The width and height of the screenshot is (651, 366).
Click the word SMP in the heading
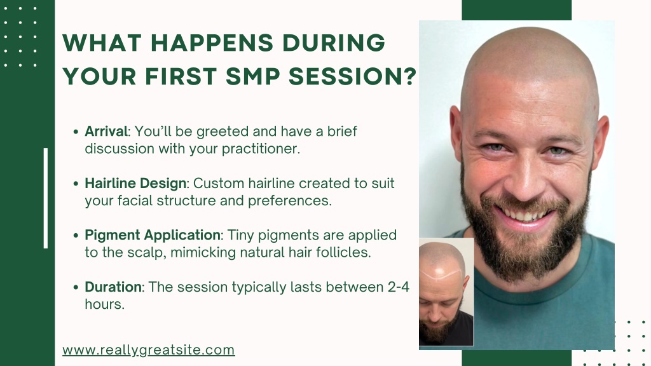point(253,77)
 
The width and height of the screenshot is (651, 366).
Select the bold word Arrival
point(106,132)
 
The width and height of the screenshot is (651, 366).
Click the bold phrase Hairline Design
point(135,184)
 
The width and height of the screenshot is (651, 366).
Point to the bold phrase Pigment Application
point(153,235)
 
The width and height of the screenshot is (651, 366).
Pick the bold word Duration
point(113,287)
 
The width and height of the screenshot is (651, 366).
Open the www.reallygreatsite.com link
point(149,350)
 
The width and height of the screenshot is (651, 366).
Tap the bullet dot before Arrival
point(76,132)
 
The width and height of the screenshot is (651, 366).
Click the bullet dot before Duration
point(76,287)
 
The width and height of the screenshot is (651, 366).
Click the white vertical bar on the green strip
point(46,198)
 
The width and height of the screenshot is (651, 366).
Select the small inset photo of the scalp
point(446,292)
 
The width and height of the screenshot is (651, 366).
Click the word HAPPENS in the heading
point(212,43)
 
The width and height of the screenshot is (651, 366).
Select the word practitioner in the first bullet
point(261,149)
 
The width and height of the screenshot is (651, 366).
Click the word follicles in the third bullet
point(343,252)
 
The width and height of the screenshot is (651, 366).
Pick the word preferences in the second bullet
point(290,201)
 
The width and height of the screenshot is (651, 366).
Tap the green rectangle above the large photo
point(516,10)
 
